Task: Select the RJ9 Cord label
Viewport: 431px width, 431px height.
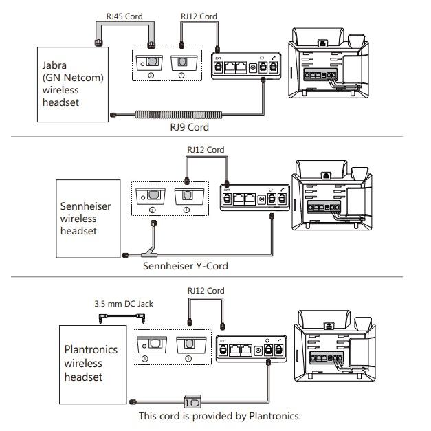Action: coord(189,127)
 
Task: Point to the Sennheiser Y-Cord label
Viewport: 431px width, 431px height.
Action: coord(195,265)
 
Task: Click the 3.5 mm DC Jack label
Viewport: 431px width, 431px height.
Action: coord(119,302)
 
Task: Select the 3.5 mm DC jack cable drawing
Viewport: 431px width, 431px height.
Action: coord(121,317)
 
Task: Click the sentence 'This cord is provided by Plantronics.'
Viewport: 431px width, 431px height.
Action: coord(219,416)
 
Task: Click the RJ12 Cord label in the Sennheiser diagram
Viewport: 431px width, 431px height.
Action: coord(206,149)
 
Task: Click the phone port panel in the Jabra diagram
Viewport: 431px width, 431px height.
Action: coord(247,67)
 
